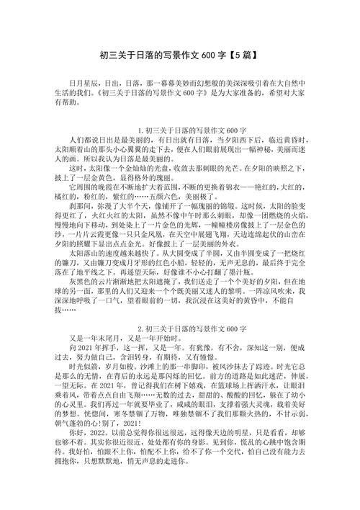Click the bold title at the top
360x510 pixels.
[180, 55]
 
